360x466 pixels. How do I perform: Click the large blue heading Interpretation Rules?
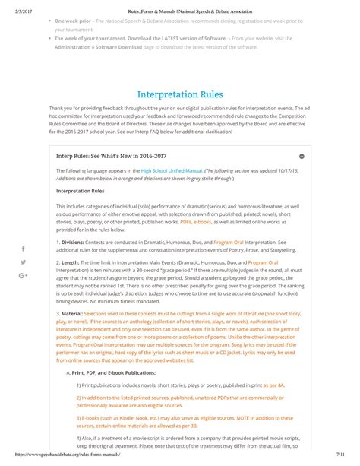[x=179, y=95]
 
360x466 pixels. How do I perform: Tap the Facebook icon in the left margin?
[x=23, y=249]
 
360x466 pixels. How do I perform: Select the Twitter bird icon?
[x=23, y=262]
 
